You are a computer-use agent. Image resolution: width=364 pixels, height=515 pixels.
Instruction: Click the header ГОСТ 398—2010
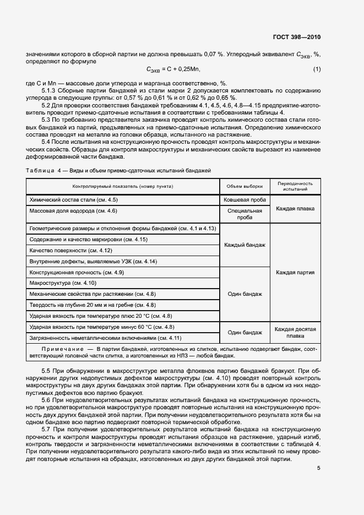click(297, 37)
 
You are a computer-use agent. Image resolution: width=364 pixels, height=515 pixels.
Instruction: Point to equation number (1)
click(317, 69)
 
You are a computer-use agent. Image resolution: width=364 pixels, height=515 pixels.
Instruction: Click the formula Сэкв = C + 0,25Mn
click(173, 69)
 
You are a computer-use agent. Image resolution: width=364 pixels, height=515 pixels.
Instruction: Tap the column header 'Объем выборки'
click(245, 186)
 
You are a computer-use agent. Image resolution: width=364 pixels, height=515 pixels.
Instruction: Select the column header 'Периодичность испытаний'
click(295, 186)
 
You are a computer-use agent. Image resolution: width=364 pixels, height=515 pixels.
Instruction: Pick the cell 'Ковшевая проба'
click(245, 200)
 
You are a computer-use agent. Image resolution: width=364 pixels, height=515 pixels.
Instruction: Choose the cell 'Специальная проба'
click(245, 214)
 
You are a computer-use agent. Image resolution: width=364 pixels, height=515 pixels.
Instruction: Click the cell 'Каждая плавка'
click(295, 209)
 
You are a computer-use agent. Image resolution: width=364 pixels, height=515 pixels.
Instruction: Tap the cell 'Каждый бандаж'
click(245, 245)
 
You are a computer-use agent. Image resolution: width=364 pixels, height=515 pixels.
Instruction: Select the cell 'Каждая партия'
click(295, 272)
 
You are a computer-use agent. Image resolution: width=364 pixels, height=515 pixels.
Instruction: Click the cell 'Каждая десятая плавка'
click(295, 332)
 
